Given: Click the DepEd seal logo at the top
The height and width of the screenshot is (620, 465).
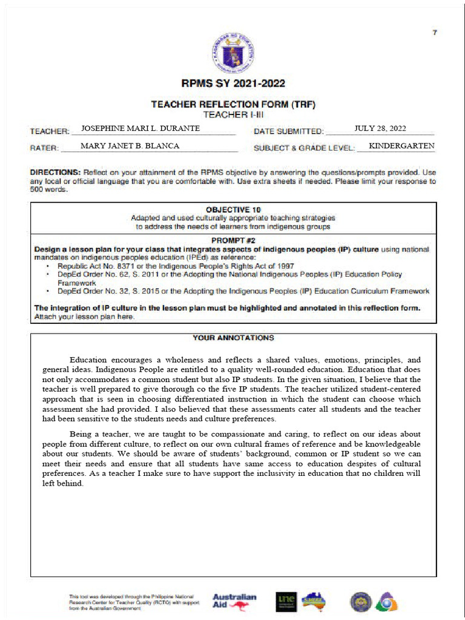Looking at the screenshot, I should coord(233,54).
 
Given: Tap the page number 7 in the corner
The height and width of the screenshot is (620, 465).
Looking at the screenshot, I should coord(434,33).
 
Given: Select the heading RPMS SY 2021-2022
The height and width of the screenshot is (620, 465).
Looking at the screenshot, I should coord(233,84).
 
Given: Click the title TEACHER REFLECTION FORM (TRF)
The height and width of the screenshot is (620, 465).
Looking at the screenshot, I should coord(233,105).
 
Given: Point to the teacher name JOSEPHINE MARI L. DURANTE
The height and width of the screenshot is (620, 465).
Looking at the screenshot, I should coord(140,128).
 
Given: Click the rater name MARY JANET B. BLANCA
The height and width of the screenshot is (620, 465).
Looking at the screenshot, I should coord(130,146).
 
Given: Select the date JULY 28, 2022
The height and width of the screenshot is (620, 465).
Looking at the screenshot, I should coord(380,128).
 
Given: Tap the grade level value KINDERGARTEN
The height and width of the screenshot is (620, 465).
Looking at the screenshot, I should coord(401,146).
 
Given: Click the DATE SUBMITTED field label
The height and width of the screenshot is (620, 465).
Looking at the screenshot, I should coord(289,131).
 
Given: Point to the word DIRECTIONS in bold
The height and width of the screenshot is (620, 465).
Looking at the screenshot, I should coord(55,173).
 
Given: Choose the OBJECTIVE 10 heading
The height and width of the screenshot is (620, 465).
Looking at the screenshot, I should coord(233,209).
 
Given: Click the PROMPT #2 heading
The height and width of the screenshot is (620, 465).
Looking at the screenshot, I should coord(233,240).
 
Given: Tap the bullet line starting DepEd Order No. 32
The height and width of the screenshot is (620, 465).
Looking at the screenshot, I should coord(243,291).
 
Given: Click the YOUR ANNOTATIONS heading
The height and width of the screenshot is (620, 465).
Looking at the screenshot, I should coord(233,338).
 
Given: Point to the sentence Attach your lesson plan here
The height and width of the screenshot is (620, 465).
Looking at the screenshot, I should coord(84,317).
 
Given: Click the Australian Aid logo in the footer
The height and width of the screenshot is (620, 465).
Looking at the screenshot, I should coord(234,601).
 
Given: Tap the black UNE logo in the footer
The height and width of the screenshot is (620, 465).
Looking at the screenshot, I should coord(286,601).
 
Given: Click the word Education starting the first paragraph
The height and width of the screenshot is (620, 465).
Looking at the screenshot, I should coord(90,360).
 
